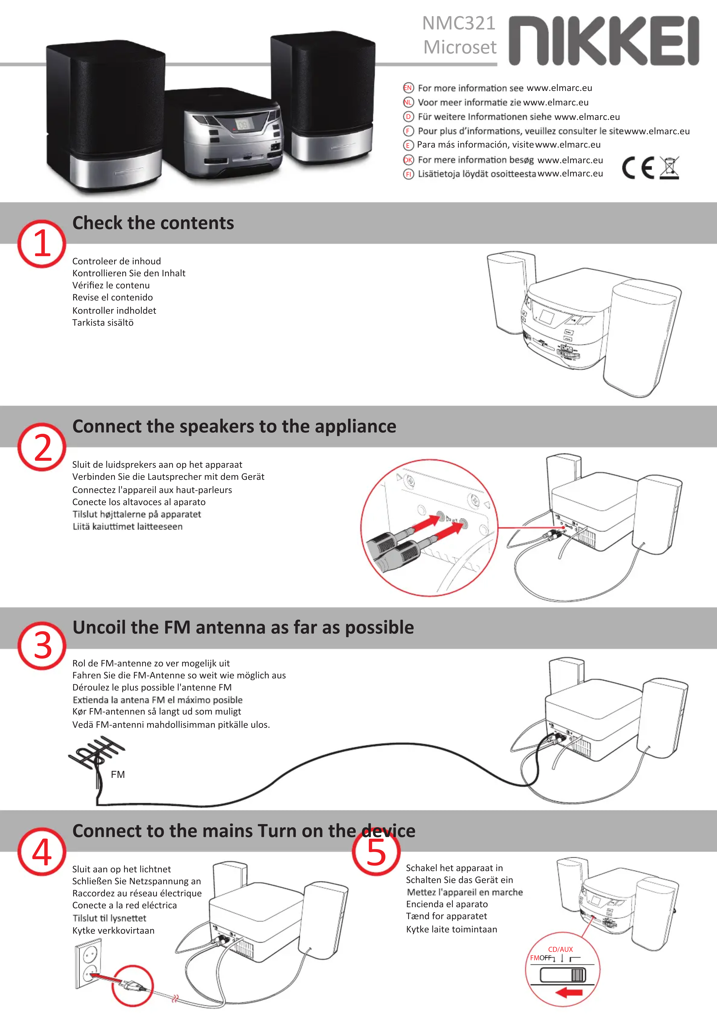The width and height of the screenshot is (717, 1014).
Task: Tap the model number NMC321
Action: coord(459,23)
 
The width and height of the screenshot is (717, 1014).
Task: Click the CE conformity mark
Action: coord(638,168)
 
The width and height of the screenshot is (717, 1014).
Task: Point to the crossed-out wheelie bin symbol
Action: coord(669,168)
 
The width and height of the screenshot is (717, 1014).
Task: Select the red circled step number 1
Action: coord(42,244)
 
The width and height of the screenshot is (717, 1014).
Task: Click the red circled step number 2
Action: coord(42,447)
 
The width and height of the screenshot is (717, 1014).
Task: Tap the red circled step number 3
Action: coord(42,646)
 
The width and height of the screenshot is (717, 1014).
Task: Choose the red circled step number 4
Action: coord(42,851)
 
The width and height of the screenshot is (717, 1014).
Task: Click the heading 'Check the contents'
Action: coord(153,223)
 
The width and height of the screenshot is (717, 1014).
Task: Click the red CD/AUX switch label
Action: coord(561,949)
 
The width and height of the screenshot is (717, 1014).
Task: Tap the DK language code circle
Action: coord(408,160)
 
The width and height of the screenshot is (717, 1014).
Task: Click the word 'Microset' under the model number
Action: coord(460,47)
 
